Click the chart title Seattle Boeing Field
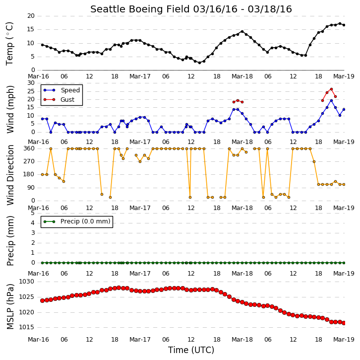pos(140,9)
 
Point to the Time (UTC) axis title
pos(191,350)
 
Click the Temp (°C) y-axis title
pos(9,44)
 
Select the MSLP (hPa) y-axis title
pos(10,306)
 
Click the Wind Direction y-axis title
pos(10,175)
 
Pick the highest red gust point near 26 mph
pos(331,89)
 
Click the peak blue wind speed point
pos(331,100)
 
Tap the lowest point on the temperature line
pos(199,63)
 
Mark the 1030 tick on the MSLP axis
pos(26,282)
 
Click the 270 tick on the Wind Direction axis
pos(29,161)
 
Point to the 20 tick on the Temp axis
pos(31,16)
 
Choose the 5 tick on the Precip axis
pos(33,213)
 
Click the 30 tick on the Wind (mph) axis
pos(31,83)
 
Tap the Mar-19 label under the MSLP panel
pos(344,339)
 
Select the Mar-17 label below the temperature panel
pos(140,76)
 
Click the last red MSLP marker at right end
pos(344,323)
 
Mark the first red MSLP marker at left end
pos(43,300)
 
